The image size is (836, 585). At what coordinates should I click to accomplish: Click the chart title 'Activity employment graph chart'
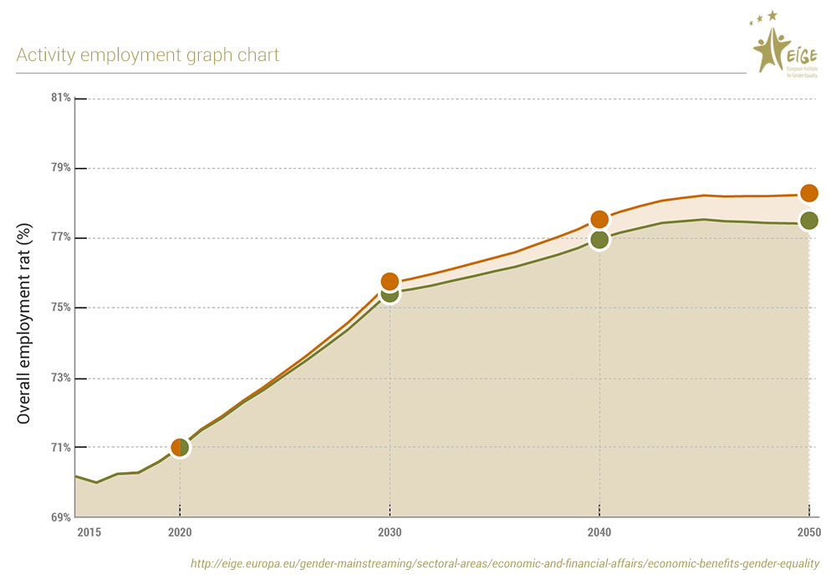(147, 55)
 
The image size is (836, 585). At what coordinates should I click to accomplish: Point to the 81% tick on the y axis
(60, 99)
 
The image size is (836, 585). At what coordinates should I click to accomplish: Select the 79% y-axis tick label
(60, 168)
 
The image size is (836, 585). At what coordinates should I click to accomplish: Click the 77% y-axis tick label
(60, 238)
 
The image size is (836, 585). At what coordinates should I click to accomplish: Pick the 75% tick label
(60, 308)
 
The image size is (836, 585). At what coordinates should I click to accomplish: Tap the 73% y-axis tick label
(60, 378)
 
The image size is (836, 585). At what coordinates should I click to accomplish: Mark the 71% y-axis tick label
(60, 447)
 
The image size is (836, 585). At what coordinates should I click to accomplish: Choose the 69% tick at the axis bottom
(60, 517)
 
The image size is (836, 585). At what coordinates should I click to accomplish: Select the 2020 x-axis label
(180, 532)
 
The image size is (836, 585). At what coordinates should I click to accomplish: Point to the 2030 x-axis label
(389, 532)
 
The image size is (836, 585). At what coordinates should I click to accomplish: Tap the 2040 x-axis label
(599, 532)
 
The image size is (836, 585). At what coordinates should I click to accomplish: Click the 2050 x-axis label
(808, 532)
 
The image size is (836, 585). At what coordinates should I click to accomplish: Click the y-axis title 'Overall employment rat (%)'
(24, 323)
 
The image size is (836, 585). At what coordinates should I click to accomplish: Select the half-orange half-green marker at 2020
(180, 447)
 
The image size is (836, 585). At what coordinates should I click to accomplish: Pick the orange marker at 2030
(390, 281)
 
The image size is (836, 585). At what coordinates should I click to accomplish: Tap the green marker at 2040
(599, 240)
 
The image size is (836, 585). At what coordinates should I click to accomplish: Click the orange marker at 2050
(809, 193)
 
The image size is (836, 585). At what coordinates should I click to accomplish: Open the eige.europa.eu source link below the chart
(505, 563)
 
